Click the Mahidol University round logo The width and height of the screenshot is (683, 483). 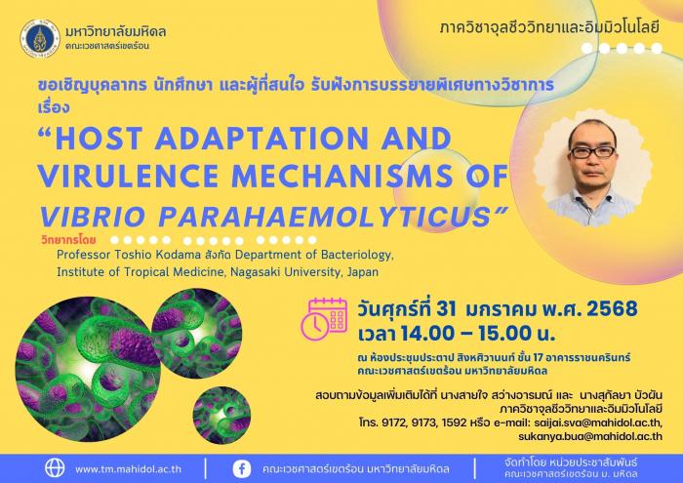coord(40,39)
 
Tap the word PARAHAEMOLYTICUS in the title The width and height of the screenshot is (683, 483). coord(325,216)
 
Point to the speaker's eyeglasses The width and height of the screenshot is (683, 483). coord(592,152)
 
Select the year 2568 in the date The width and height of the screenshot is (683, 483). coord(612,308)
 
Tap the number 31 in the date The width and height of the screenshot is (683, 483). coord(446,309)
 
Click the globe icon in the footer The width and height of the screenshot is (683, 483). coord(55,468)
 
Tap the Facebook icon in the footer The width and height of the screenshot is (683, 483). coord(242,468)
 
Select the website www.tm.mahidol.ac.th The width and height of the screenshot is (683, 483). coord(128,469)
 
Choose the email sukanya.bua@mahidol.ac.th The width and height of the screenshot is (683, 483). coord(590,436)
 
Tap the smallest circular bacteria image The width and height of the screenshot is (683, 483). coord(221,415)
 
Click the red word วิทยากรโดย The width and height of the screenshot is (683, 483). coord(69,239)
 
